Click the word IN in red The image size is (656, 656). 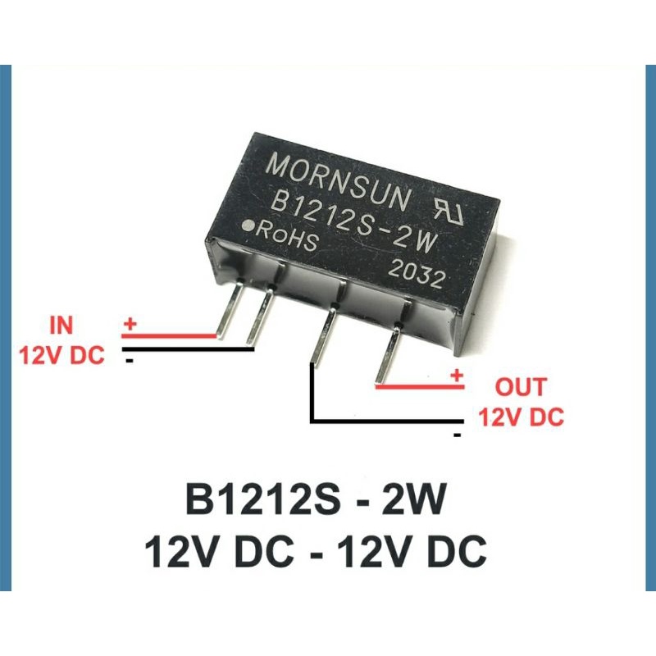click(x=61, y=326)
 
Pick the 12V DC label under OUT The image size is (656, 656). click(x=522, y=417)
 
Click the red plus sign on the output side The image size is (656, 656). click(x=457, y=376)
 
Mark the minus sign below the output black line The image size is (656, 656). click(x=457, y=435)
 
